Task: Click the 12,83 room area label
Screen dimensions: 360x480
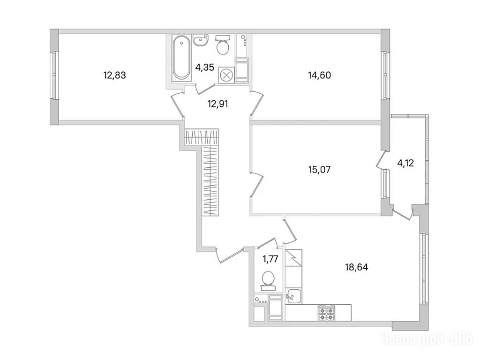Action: point(115,75)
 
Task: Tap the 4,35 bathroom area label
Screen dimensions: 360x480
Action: point(205,67)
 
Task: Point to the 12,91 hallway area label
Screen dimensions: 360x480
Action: point(217,104)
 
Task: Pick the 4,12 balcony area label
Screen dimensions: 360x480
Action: point(406,164)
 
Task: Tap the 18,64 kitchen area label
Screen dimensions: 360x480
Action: point(356,268)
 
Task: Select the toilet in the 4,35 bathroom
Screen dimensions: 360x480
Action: point(222,45)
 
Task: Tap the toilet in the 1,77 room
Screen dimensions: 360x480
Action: point(269,280)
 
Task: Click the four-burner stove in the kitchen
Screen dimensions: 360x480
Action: point(327,313)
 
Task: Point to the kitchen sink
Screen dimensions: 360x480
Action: point(293,295)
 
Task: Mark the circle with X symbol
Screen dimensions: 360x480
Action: point(226,75)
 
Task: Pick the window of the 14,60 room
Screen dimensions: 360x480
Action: point(386,75)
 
